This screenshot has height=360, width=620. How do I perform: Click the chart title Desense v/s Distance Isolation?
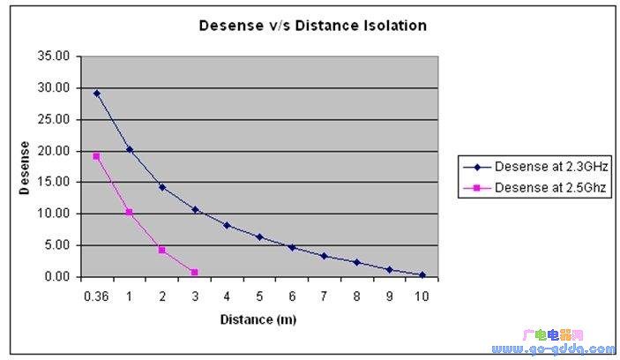[x=311, y=26]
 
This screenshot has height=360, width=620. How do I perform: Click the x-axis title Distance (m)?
[x=258, y=319]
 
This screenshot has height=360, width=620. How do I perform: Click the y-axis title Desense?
[x=26, y=167]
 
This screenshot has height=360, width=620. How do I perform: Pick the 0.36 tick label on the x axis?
[x=95, y=296]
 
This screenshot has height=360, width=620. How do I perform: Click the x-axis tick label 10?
[x=422, y=296]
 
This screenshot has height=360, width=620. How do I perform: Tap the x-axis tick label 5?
[x=259, y=296]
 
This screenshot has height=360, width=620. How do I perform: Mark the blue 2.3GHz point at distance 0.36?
[x=96, y=93]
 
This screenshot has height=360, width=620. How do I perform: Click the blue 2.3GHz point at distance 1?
[x=130, y=149]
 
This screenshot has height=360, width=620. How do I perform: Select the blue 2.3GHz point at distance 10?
[x=422, y=274]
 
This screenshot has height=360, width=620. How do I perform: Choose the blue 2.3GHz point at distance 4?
[x=227, y=225]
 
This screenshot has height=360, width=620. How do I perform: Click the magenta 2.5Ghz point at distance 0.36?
[x=96, y=156]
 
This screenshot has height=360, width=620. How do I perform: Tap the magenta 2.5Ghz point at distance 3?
[x=194, y=272]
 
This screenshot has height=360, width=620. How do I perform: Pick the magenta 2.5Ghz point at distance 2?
[x=162, y=250]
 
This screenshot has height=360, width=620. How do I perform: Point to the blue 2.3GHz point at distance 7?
[x=325, y=256]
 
